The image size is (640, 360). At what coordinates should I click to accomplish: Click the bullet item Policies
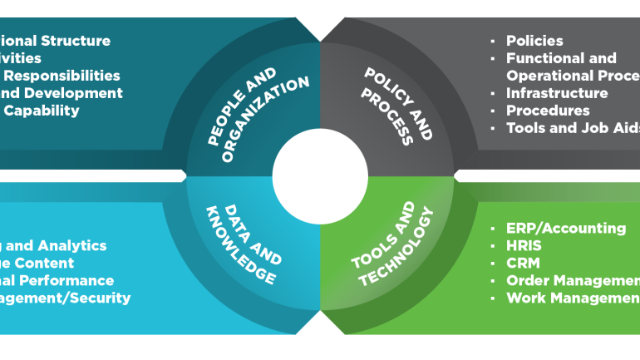pyautogui.click(x=534, y=40)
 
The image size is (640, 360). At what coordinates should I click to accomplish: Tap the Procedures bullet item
pyautogui.click(x=548, y=111)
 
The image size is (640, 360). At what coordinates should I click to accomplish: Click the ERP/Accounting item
pyautogui.click(x=566, y=228)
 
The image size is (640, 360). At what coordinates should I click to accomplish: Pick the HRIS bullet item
pyautogui.click(x=524, y=245)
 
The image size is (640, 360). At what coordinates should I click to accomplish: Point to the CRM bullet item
pyautogui.click(x=523, y=263)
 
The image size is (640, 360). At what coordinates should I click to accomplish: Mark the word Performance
pyautogui.click(x=73, y=280)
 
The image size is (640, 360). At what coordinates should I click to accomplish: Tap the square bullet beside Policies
pyautogui.click(x=493, y=40)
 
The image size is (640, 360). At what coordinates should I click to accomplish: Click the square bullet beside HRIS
pyautogui.click(x=493, y=245)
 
